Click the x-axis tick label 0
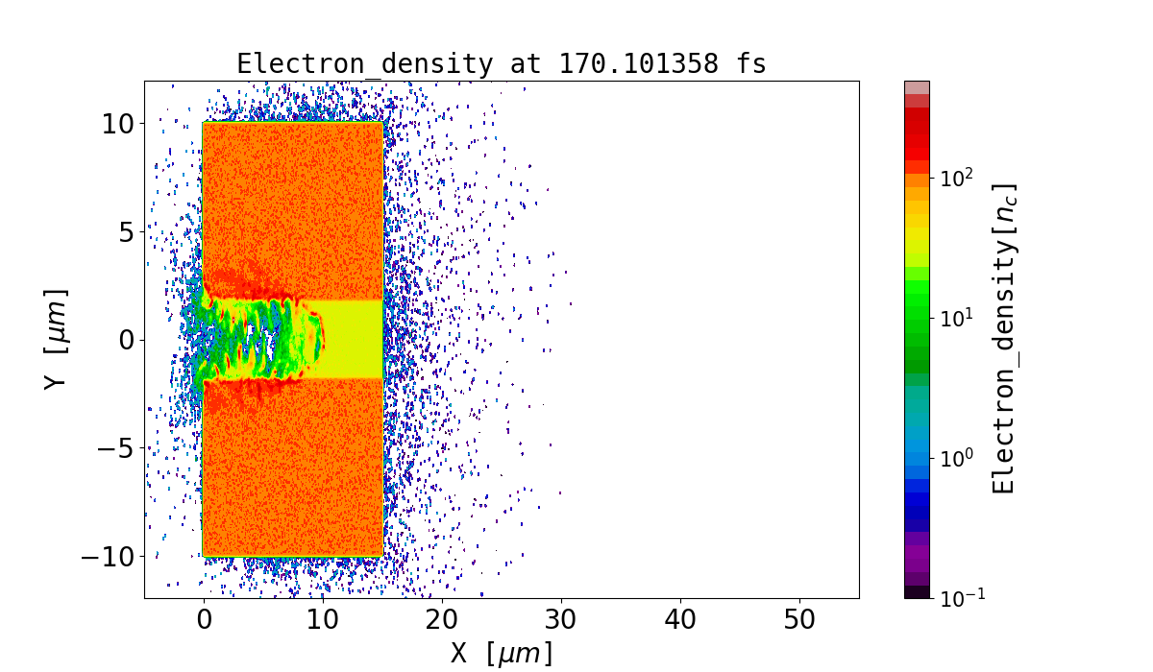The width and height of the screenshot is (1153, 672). pyautogui.click(x=204, y=620)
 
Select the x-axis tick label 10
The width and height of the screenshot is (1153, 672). pyautogui.click(x=323, y=620)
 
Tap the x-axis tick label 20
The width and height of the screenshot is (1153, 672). pyautogui.click(x=442, y=620)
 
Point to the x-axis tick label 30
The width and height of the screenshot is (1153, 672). pyautogui.click(x=561, y=620)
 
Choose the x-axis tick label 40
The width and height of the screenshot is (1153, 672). pyautogui.click(x=680, y=620)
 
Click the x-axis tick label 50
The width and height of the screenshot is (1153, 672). pyautogui.click(x=799, y=620)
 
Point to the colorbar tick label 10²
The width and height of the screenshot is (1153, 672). pyautogui.click(x=957, y=178)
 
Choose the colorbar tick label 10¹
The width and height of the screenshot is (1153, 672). pyautogui.click(x=957, y=318)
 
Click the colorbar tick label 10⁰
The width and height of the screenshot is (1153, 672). pyautogui.click(x=957, y=458)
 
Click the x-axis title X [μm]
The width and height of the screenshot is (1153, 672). pyautogui.click(x=502, y=654)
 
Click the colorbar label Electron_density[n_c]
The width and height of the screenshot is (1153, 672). pyautogui.click(x=1004, y=339)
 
